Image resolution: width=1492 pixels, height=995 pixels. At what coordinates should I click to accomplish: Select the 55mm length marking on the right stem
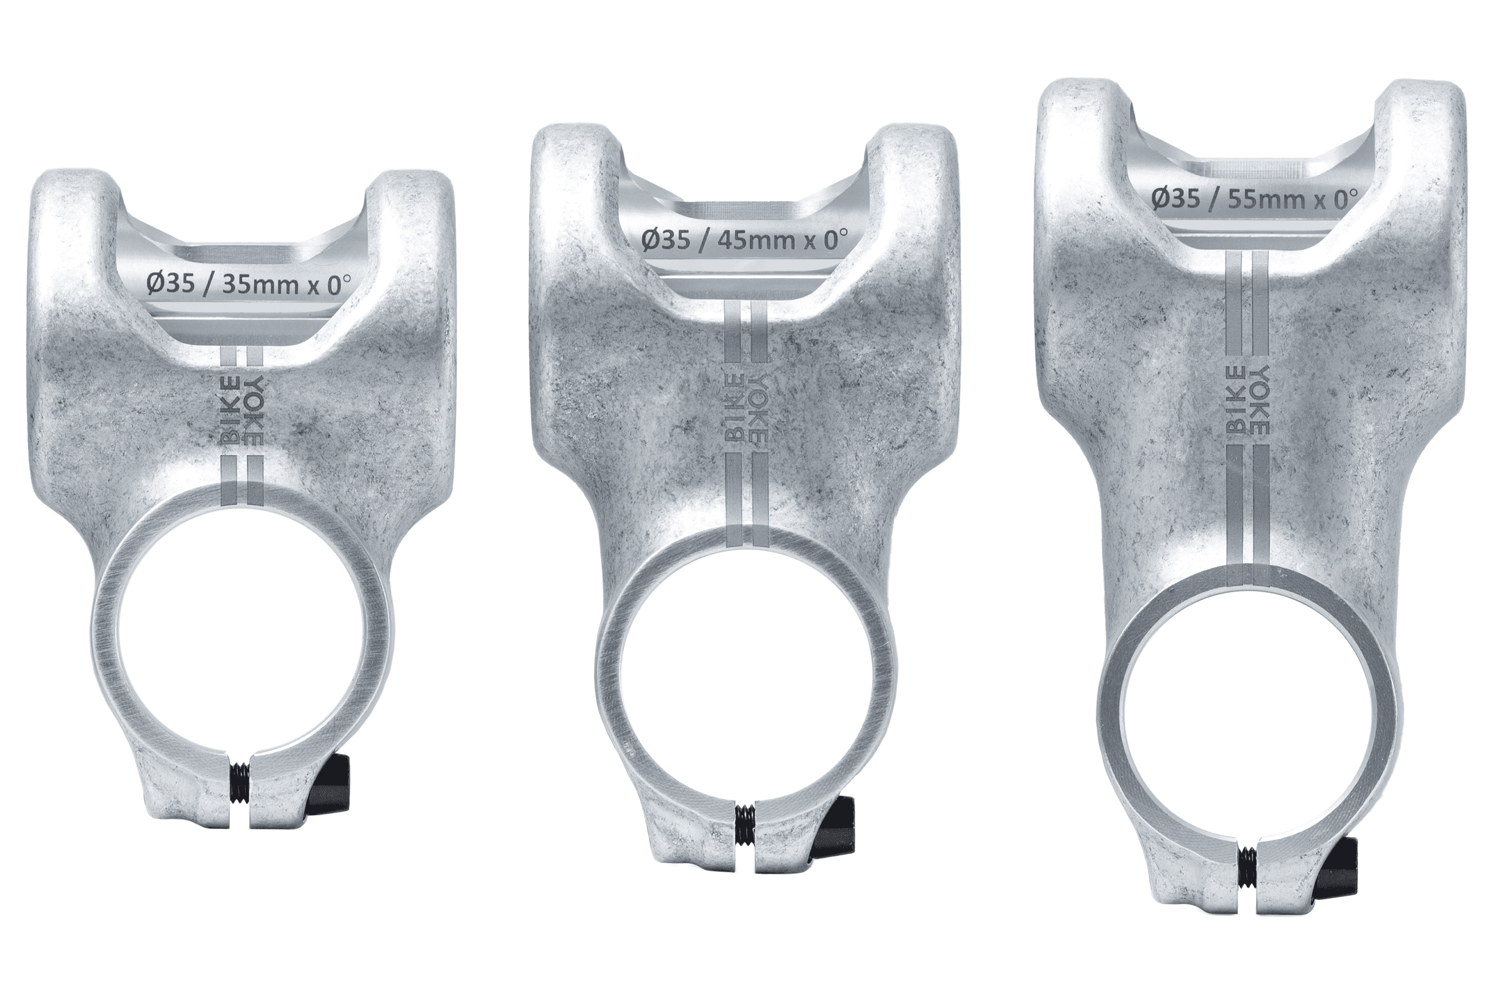(x=1259, y=200)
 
